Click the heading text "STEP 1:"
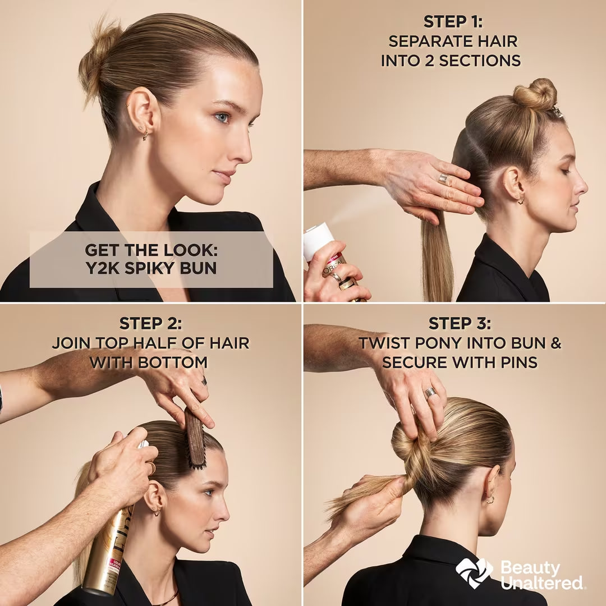point(453,22)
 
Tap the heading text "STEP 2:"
point(151,324)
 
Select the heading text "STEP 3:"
point(460,324)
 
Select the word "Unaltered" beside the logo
point(542,582)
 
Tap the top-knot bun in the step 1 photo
point(535,94)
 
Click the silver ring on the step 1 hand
point(443,179)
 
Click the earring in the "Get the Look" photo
point(145,135)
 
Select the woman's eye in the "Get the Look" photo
point(222,117)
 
